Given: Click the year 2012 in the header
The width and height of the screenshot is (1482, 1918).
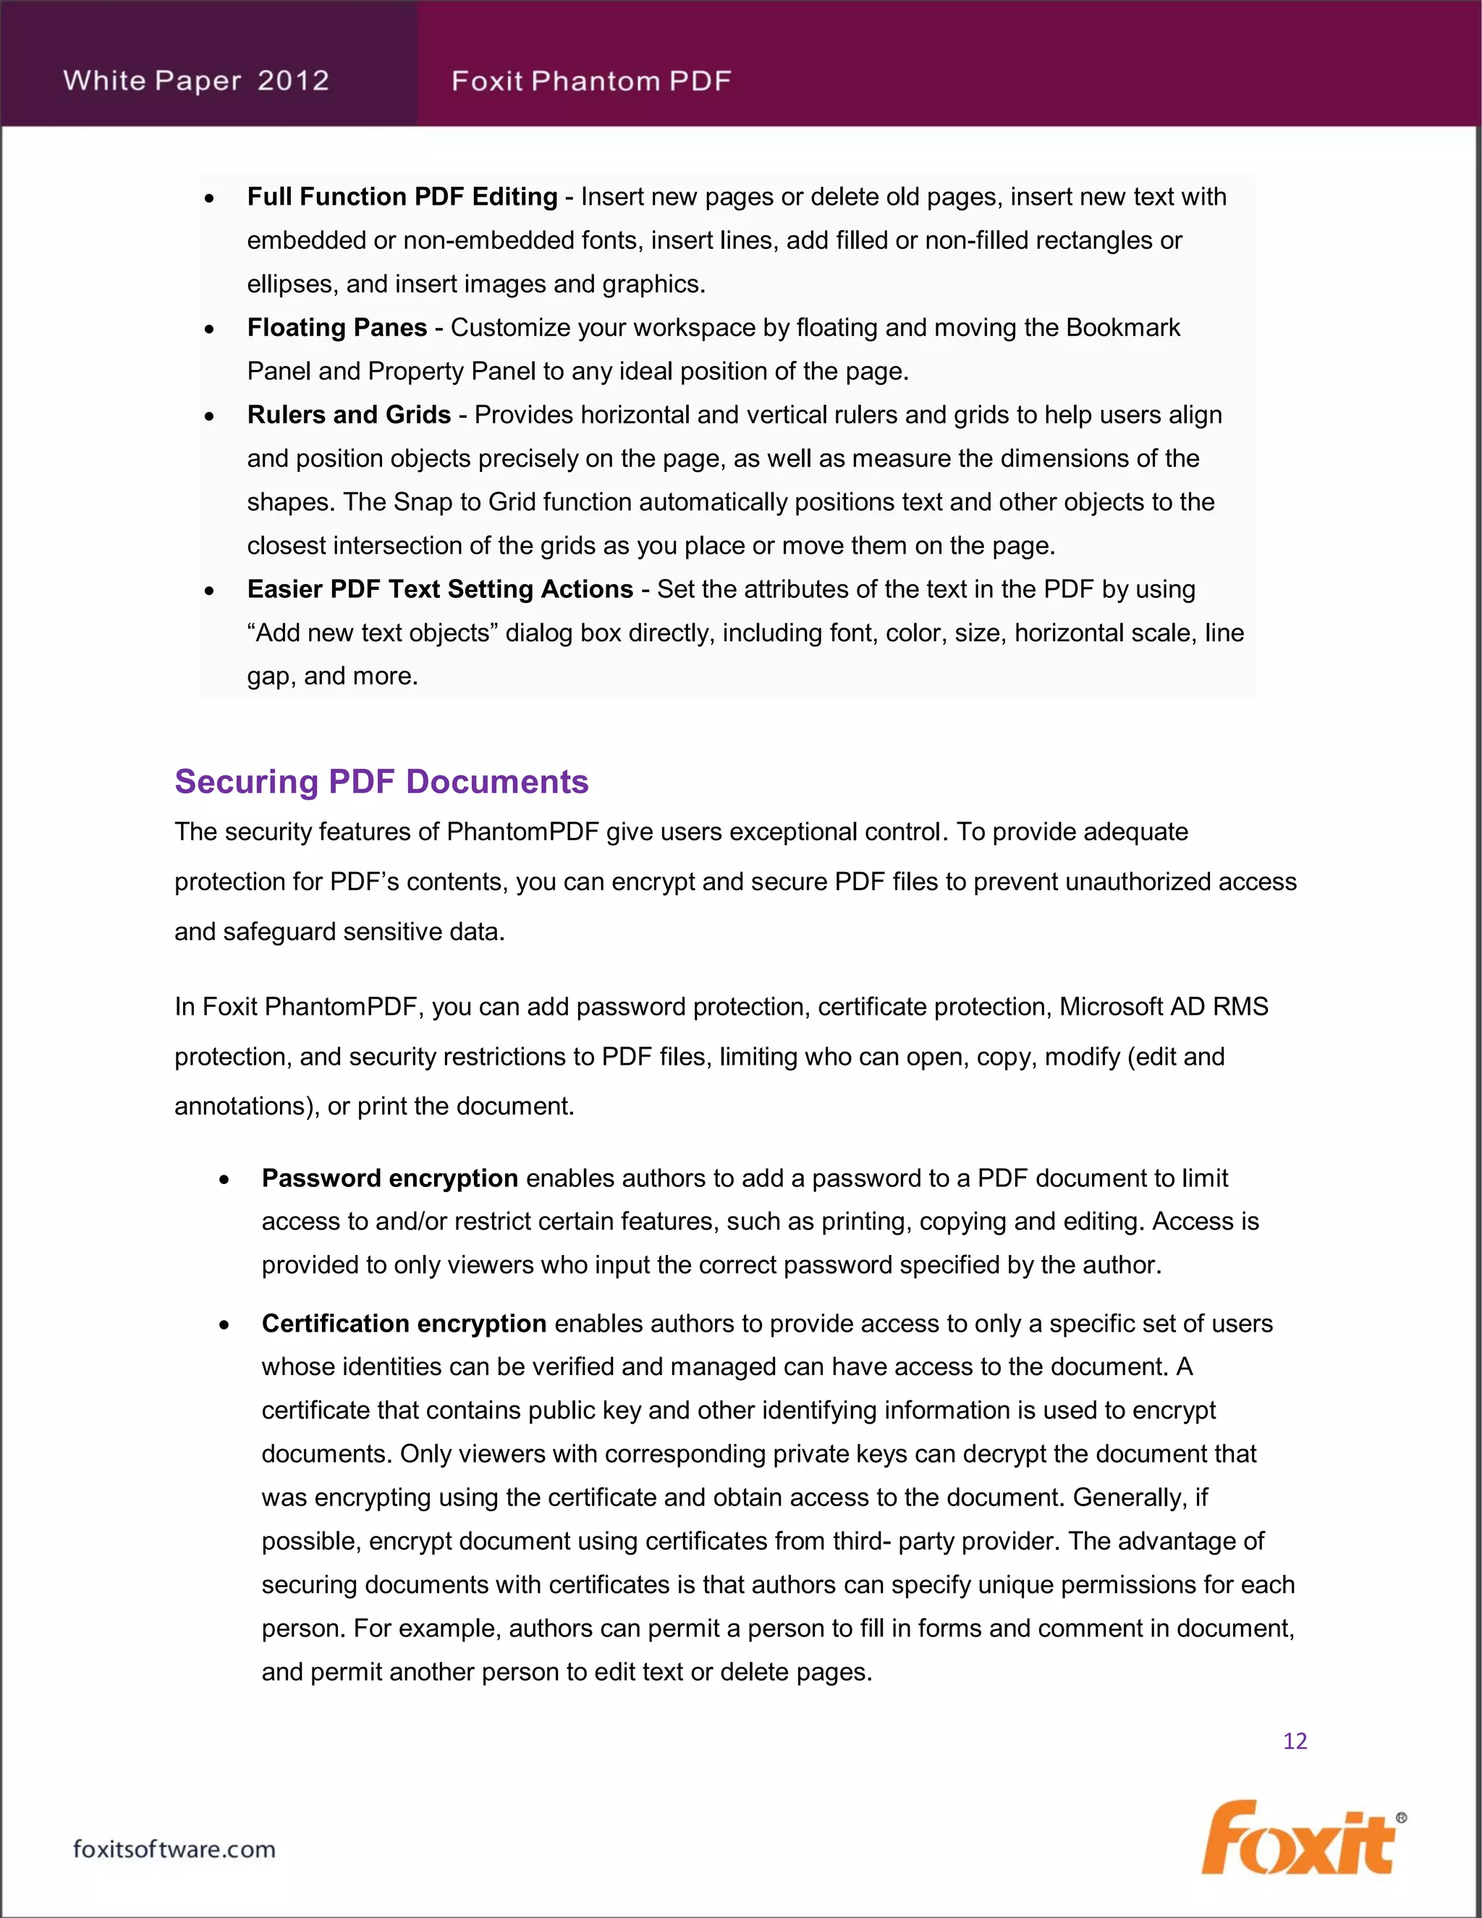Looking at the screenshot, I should (x=293, y=81).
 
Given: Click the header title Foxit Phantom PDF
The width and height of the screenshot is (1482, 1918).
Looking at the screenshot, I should (x=591, y=82).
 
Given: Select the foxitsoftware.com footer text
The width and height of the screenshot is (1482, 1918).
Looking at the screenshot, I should (x=174, y=1849).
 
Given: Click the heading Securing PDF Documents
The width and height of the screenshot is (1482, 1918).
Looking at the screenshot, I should (x=381, y=782).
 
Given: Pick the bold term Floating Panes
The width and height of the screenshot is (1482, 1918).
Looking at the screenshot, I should (x=337, y=328).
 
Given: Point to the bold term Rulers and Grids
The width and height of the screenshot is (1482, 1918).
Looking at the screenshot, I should (x=349, y=415).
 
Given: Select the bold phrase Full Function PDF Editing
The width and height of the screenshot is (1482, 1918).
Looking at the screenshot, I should (x=402, y=197).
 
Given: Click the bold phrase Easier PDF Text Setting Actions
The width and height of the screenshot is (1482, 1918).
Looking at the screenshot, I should (x=440, y=589).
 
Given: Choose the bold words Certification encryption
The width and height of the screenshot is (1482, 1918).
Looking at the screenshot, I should (x=404, y=1324).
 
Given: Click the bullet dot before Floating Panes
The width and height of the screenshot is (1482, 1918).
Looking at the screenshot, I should (x=209, y=329).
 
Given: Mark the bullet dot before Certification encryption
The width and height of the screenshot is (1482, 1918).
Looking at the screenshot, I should (x=225, y=1325).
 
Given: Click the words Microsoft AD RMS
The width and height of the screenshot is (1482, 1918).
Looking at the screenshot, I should (x=1164, y=1007).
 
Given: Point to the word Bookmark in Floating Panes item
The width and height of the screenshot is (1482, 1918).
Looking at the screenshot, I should (x=1123, y=328).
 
